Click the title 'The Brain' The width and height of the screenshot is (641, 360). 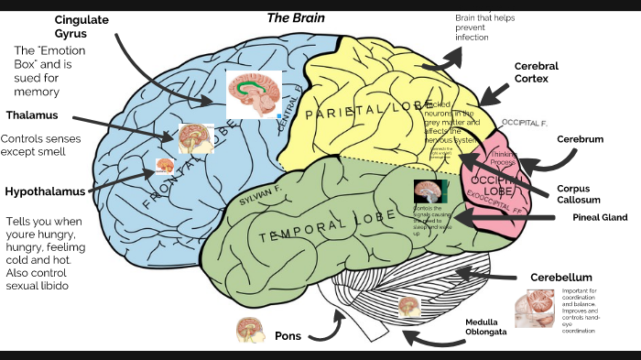click(295, 17)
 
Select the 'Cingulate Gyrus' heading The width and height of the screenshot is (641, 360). click(82, 27)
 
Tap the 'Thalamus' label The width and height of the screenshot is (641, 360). click(31, 115)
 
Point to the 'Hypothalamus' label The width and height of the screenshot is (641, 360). click(45, 191)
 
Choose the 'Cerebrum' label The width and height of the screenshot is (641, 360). click(580, 139)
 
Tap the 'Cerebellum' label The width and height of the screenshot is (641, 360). click(560, 278)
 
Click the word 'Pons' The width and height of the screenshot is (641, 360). click(288, 336)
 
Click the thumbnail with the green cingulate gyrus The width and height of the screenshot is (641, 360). click(254, 94)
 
